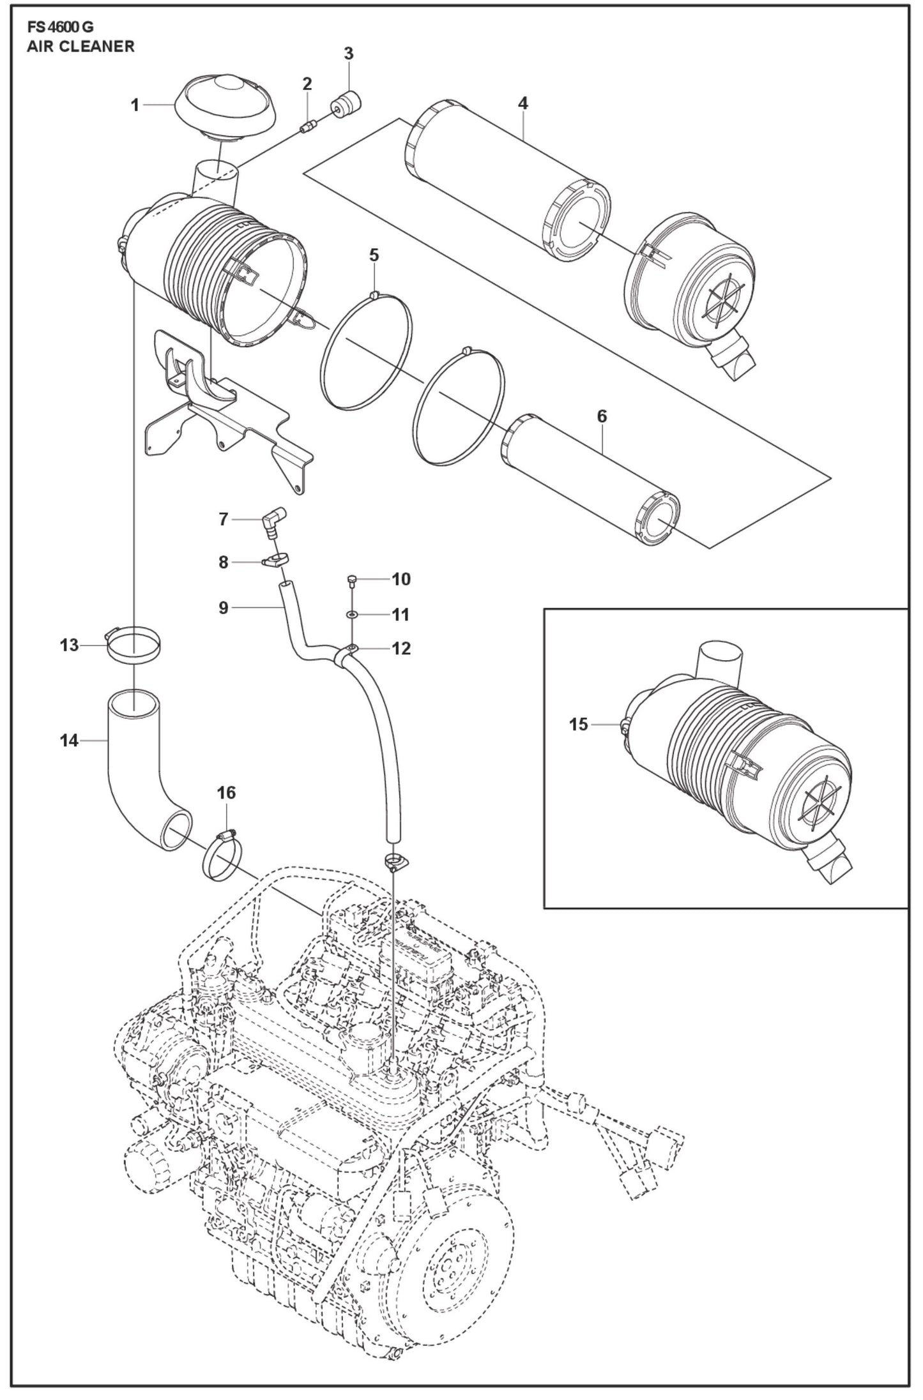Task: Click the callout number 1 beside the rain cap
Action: pyautogui.click(x=135, y=104)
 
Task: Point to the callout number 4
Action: pyautogui.click(x=523, y=103)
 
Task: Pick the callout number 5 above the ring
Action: pyautogui.click(x=374, y=255)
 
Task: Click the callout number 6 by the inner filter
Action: pyautogui.click(x=602, y=416)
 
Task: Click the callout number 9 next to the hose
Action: pyautogui.click(x=223, y=607)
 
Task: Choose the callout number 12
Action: pyautogui.click(x=400, y=649)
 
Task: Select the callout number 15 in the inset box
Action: pyautogui.click(x=578, y=725)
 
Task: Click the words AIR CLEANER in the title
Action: pyautogui.click(x=80, y=46)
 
